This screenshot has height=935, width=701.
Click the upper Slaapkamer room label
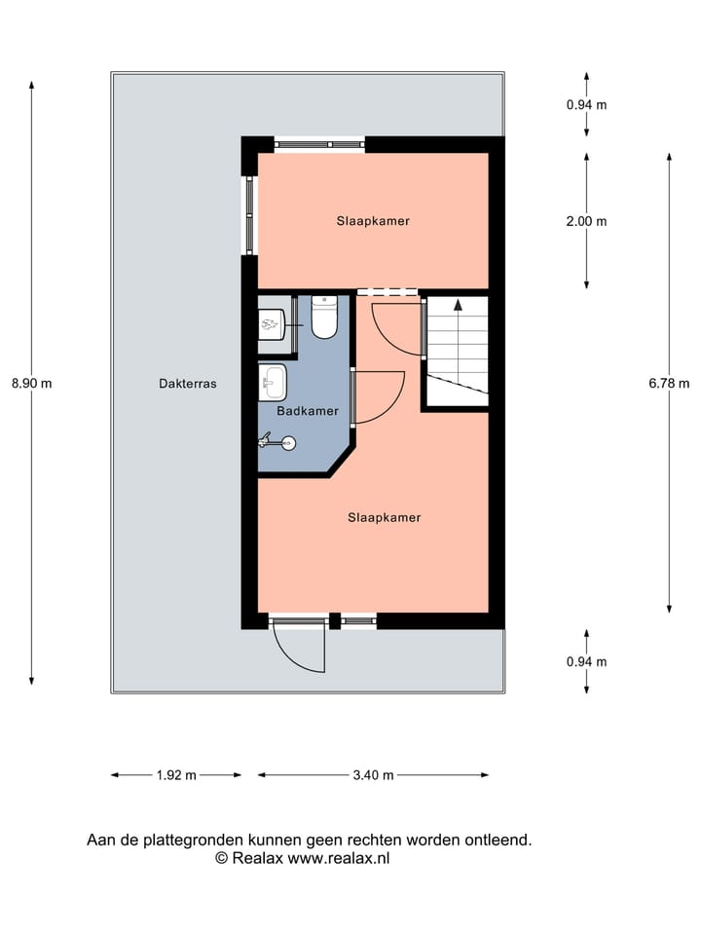click(x=373, y=221)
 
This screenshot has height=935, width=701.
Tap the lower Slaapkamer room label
click(x=385, y=517)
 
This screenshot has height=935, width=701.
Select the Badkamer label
click(x=308, y=411)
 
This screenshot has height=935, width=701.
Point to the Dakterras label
click(x=188, y=384)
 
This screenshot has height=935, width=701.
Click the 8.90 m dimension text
click(x=31, y=384)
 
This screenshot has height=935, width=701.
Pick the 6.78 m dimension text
click(x=669, y=384)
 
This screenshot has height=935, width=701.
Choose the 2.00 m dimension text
click(x=586, y=221)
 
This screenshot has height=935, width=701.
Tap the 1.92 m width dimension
click(x=176, y=775)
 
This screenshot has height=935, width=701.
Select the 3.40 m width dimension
click(x=373, y=775)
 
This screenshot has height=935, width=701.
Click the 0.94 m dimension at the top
click(x=586, y=105)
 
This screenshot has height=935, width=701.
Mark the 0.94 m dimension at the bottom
click(x=586, y=661)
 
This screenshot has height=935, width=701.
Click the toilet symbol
click(x=324, y=318)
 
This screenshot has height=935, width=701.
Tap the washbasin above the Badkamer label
click(x=273, y=382)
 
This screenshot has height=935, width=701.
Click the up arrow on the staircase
click(x=458, y=308)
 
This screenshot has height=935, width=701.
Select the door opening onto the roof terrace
click(x=298, y=645)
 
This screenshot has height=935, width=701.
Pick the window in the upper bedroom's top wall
click(x=318, y=144)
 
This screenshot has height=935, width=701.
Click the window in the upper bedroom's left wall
click(x=249, y=215)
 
